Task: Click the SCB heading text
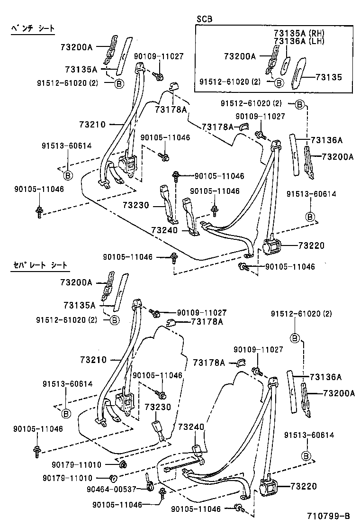[204, 19]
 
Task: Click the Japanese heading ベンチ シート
[33, 29]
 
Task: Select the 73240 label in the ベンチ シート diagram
[164, 230]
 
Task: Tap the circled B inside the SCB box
[279, 82]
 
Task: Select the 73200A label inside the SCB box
[240, 56]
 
